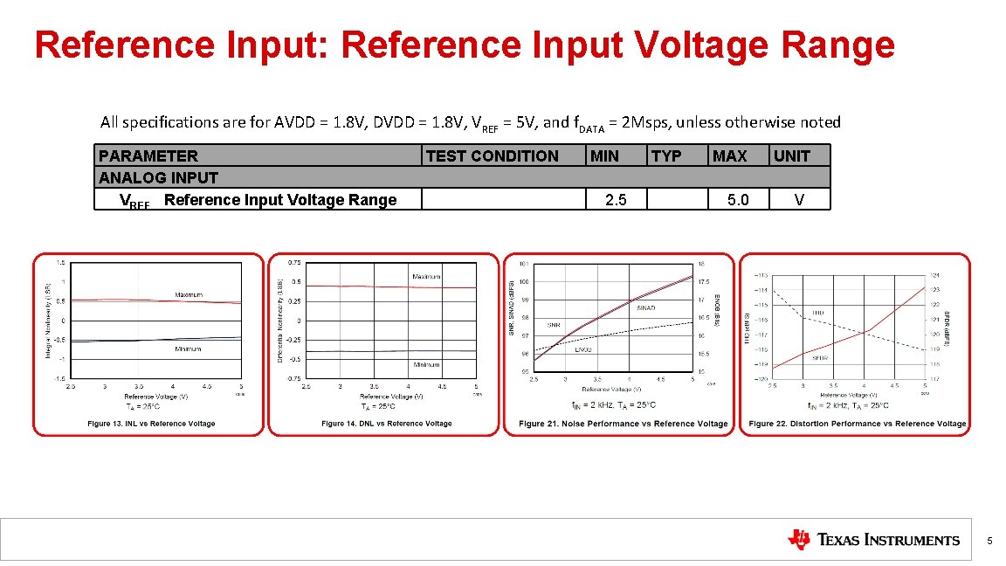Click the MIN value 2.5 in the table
click(x=616, y=200)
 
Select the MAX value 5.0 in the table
click(x=738, y=200)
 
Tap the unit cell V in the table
click(x=799, y=200)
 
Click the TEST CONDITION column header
click(x=492, y=156)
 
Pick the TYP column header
click(x=666, y=156)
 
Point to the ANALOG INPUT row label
click(x=158, y=177)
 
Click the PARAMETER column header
click(x=148, y=156)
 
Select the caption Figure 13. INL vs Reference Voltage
click(x=151, y=424)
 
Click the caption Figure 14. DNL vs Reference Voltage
click(x=386, y=424)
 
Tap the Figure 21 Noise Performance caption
click(x=623, y=424)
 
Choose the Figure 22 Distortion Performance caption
click(x=858, y=424)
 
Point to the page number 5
click(x=989, y=541)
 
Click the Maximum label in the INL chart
click(x=189, y=295)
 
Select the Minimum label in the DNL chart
click(x=426, y=364)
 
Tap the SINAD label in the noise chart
click(x=645, y=307)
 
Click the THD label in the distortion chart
click(x=818, y=312)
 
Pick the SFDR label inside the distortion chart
click(x=820, y=357)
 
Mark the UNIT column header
click(x=792, y=156)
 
